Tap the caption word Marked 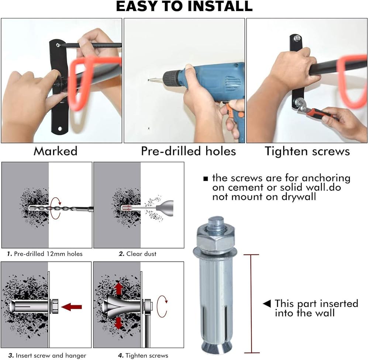(x=56, y=151)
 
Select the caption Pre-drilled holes (x=188, y=151)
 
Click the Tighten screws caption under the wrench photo (x=307, y=151)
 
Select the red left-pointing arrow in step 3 (x=72, y=307)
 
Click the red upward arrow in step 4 (x=119, y=288)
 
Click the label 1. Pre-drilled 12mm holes (x=45, y=254)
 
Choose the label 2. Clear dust (x=137, y=254)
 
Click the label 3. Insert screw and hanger (x=47, y=356)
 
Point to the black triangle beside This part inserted (x=267, y=304)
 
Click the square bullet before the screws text (x=206, y=179)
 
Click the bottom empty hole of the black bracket (x=60, y=129)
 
